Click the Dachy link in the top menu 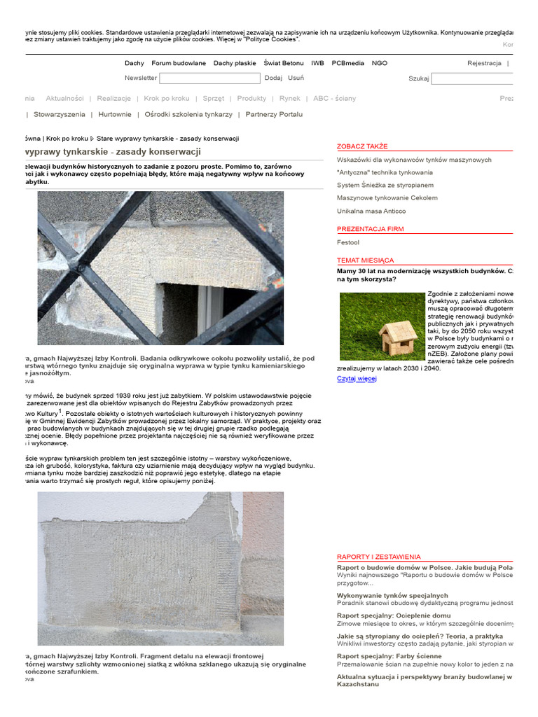pos(134,63)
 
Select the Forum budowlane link pos(179,63)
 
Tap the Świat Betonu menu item pos(284,63)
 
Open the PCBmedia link pos(347,63)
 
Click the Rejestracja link pos(484,63)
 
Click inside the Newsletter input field pos(210,78)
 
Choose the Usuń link pos(296,78)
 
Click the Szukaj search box pos(473,78)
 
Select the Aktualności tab pos(64,99)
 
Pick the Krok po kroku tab pos(167,99)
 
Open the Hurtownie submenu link pos(115,114)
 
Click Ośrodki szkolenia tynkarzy pos(188,114)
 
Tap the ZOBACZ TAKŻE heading pos(361,146)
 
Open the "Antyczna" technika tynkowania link pos(385,172)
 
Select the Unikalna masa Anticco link pos(371,211)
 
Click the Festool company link pos(347,242)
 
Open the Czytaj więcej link pos(356,379)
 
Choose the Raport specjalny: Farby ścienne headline pos(389,656)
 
